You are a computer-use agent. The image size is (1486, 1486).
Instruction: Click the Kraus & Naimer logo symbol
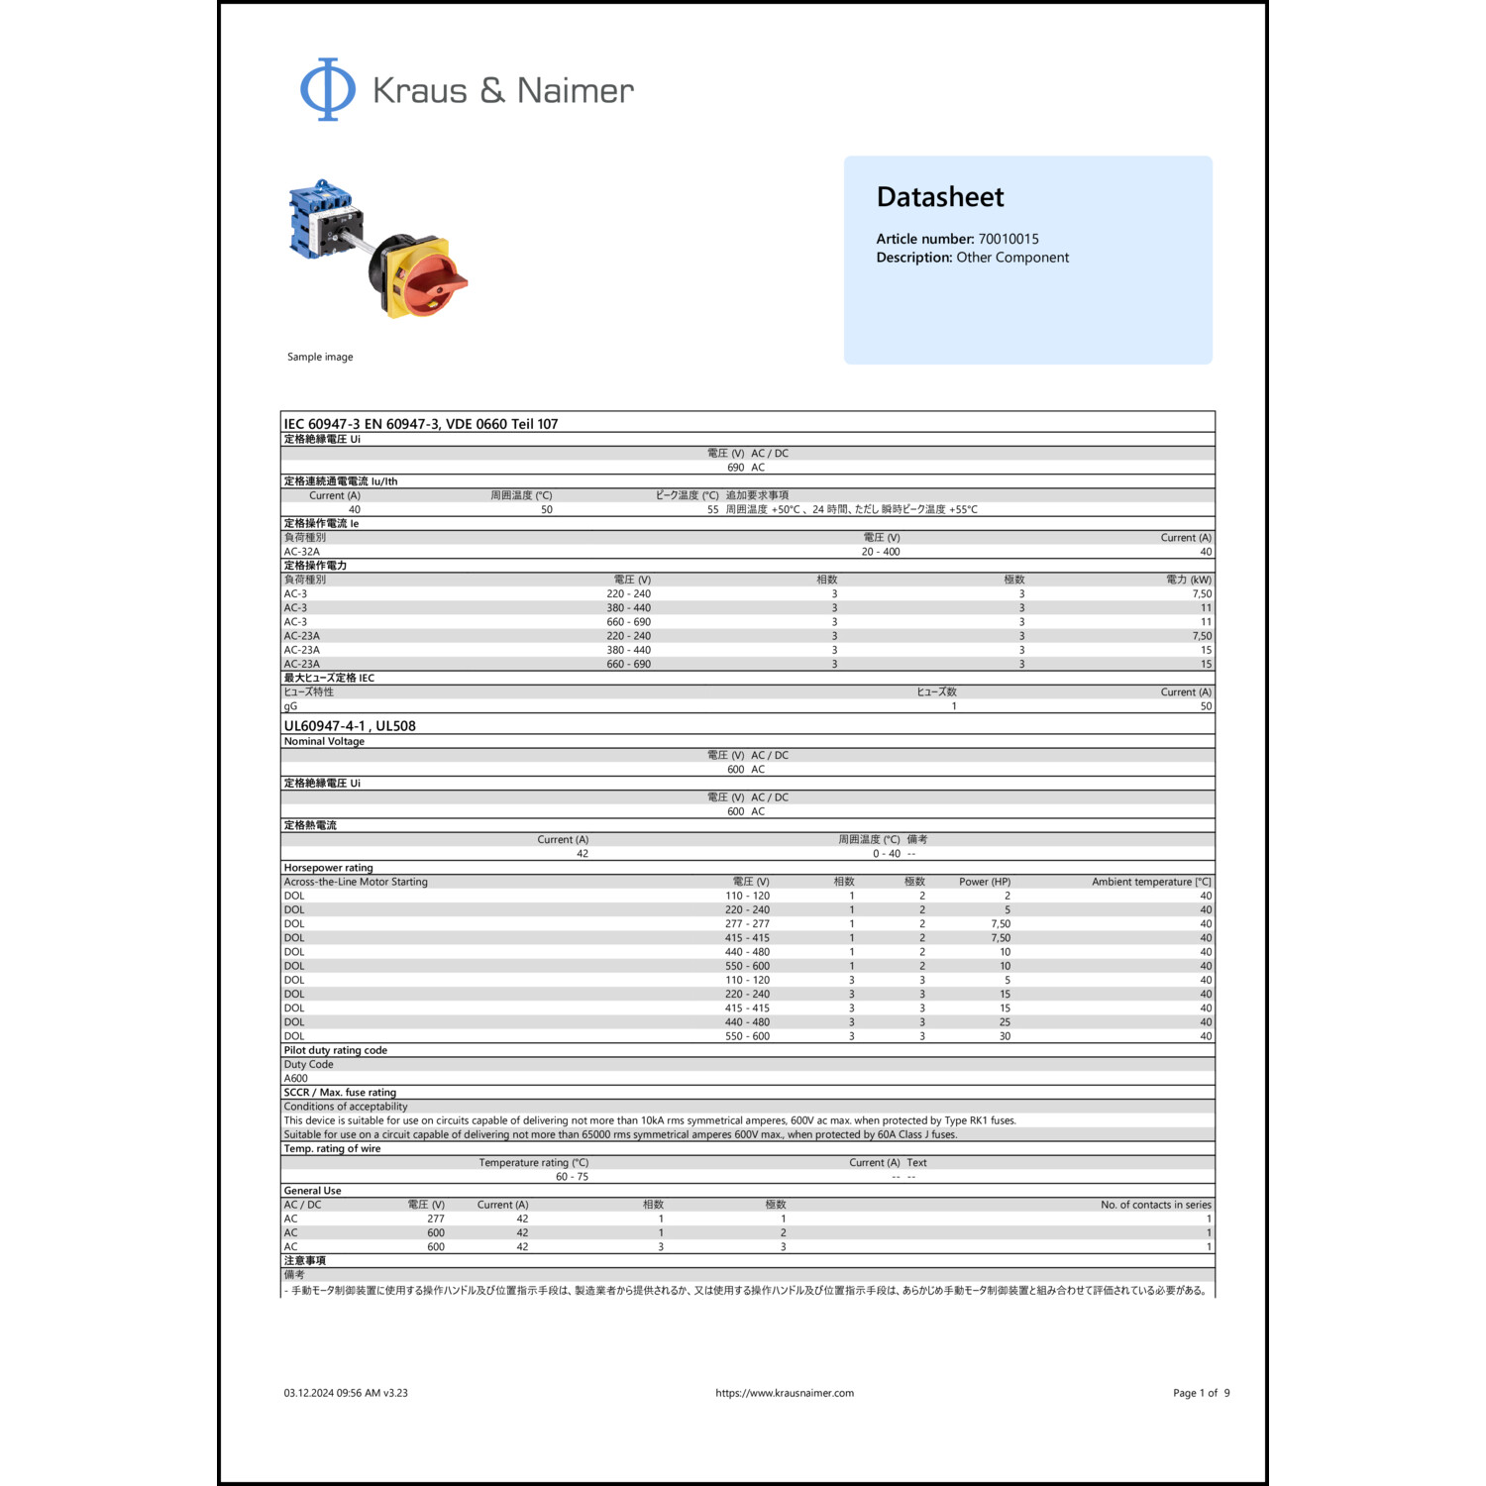click(x=327, y=89)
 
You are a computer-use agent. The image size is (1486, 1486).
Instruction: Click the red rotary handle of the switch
click(x=436, y=278)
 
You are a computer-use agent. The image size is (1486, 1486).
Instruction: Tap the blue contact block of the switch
click(x=315, y=218)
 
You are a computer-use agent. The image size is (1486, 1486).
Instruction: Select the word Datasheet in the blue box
click(x=940, y=197)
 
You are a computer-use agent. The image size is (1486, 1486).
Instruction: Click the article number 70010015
click(x=1008, y=239)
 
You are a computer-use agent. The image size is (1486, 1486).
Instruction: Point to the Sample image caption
click(x=320, y=357)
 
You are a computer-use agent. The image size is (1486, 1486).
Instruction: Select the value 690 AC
click(x=746, y=468)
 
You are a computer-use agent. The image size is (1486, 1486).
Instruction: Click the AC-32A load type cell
click(x=302, y=552)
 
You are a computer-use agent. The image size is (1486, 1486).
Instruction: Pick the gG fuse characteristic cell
click(x=290, y=706)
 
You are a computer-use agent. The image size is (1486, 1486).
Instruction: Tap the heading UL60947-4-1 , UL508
click(x=350, y=726)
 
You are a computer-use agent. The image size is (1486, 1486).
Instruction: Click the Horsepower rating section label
click(x=329, y=868)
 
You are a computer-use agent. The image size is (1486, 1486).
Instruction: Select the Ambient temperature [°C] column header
click(x=1151, y=882)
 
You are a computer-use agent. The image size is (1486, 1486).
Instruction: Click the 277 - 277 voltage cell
click(x=747, y=923)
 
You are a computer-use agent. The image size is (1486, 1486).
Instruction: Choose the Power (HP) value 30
click(x=1005, y=1036)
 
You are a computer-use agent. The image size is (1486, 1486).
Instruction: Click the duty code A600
click(x=296, y=1079)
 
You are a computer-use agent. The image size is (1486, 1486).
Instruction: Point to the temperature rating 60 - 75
click(x=572, y=1177)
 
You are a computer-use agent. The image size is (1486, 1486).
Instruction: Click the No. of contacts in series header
click(x=1155, y=1205)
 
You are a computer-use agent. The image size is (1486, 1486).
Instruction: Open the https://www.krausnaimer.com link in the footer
click(x=785, y=1393)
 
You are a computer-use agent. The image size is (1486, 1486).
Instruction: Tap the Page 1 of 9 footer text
click(x=1201, y=1393)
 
